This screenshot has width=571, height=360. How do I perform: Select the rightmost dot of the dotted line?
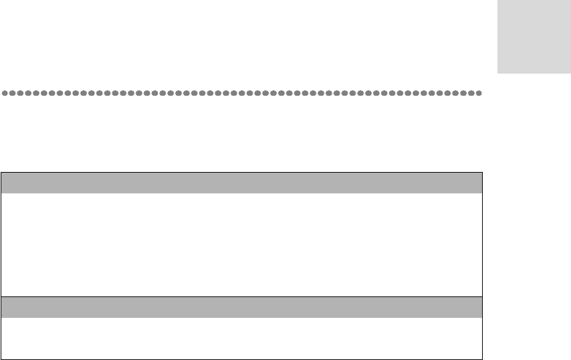(x=479, y=93)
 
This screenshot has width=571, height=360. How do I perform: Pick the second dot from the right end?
(x=471, y=93)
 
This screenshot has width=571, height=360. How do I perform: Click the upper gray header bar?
(x=241, y=183)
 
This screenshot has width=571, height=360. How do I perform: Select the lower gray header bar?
(x=241, y=307)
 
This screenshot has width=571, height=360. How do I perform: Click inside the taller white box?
(x=241, y=244)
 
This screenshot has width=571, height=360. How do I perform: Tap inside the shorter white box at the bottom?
(x=241, y=338)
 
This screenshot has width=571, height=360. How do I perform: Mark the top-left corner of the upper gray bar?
(x=1, y=173)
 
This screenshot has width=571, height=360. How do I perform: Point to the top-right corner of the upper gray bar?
(x=482, y=173)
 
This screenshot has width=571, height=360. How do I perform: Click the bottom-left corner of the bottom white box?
(x=1, y=359)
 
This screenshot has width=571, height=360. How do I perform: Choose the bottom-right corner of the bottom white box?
(x=482, y=359)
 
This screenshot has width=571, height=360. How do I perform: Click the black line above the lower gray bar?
(x=241, y=296)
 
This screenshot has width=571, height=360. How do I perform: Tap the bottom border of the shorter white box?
(x=241, y=359)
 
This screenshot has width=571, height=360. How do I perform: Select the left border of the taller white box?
(x=1, y=244)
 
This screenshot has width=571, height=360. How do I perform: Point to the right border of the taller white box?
(x=482, y=244)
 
